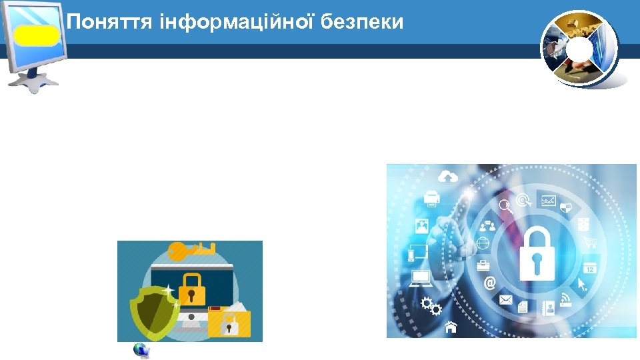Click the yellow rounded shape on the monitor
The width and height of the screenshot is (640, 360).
(37, 35)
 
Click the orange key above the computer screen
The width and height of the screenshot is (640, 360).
(190, 251)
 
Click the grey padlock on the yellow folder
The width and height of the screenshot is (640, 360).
(229, 325)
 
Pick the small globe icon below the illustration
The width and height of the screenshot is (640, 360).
(141, 351)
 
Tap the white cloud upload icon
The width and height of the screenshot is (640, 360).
(449, 176)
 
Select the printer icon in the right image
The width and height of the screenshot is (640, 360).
(432, 198)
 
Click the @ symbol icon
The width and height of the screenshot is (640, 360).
(490, 283)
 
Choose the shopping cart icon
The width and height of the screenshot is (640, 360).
(589, 243)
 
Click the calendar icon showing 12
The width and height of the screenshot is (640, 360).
(589, 267)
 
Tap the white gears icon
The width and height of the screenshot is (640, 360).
(433, 307)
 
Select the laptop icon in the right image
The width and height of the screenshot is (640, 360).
(421, 278)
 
